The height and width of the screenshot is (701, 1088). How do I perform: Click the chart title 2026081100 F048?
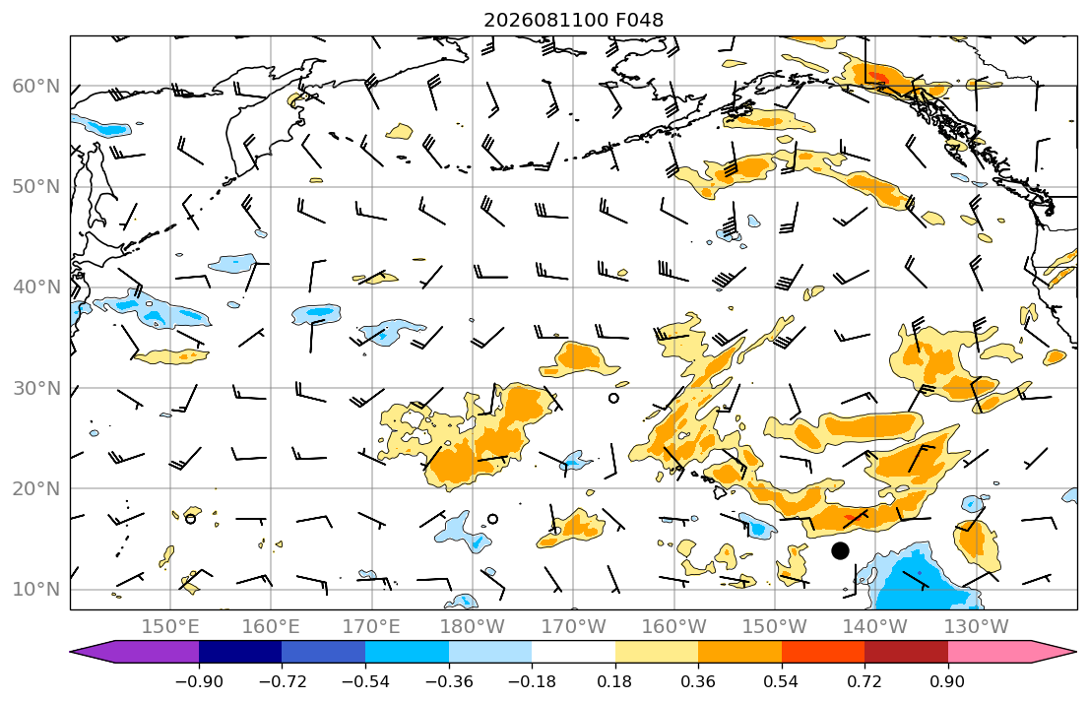(x=573, y=20)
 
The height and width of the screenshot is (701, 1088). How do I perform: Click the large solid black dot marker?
(x=840, y=551)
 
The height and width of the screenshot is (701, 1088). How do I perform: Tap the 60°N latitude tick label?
(x=36, y=86)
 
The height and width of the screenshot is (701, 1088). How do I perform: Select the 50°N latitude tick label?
(x=36, y=187)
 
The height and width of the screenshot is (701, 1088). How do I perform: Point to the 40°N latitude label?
(x=36, y=287)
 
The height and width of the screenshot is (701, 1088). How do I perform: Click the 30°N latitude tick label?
(x=36, y=388)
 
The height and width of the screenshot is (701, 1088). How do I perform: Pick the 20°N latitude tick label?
(x=36, y=488)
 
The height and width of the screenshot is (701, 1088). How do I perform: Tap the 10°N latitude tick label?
(x=36, y=590)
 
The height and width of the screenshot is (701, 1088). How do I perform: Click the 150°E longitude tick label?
(x=170, y=627)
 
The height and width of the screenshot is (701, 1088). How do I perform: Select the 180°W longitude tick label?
(x=474, y=627)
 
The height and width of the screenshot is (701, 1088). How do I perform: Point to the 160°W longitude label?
(x=674, y=627)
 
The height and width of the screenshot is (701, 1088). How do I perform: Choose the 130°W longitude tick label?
(x=977, y=627)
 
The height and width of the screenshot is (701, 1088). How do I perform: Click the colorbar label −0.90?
(x=199, y=681)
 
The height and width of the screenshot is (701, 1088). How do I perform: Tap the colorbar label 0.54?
(x=782, y=681)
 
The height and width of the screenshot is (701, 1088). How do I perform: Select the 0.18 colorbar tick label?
(x=614, y=681)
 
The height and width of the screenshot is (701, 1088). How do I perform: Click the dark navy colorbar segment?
(x=240, y=652)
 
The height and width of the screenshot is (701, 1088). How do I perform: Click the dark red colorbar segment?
(x=906, y=652)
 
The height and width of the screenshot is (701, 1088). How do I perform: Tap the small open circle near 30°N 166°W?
(x=613, y=399)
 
